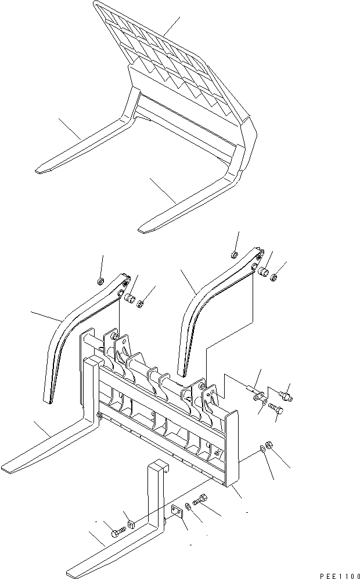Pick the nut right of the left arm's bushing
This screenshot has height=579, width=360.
coord(141,303)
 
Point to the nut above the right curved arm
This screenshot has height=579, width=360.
coord(233,255)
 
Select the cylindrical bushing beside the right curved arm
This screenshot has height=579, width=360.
coord(262,271)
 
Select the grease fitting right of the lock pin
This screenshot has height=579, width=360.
coord(285,397)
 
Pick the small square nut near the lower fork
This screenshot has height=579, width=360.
coord(131,526)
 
